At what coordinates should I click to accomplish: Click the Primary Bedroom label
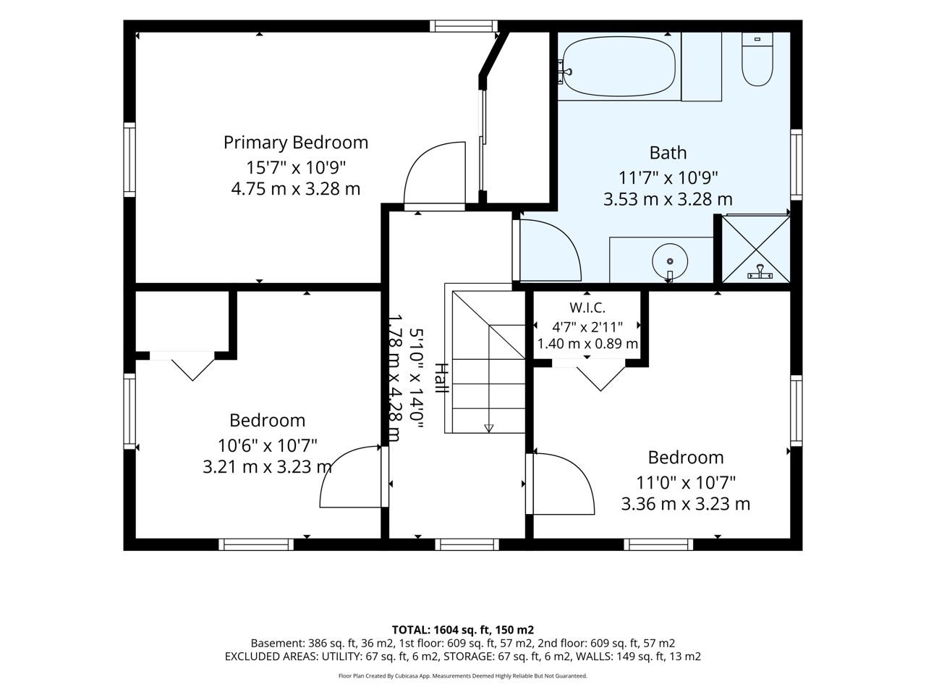tap(296, 143)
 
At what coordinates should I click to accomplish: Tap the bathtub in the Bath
tap(619, 67)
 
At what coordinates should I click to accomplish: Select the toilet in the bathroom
tap(757, 59)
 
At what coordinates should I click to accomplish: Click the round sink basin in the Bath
tap(670, 261)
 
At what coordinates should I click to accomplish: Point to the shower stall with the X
tap(755, 249)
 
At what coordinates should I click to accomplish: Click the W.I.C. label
tap(587, 308)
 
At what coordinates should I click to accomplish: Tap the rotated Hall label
tap(441, 378)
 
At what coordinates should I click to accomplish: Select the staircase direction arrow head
tap(488, 429)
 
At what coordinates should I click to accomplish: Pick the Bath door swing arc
tap(565, 240)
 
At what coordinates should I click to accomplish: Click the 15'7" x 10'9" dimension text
tap(296, 168)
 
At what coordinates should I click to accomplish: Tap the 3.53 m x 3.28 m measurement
tap(668, 199)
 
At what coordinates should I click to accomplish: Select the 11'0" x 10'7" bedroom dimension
tap(686, 482)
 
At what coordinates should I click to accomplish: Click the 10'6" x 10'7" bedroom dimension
tap(268, 445)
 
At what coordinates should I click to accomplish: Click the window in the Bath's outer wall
tap(796, 164)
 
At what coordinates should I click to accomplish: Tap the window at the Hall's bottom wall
tap(467, 544)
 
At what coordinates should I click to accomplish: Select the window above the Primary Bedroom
tap(463, 26)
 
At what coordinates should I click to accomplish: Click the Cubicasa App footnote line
tap(463, 676)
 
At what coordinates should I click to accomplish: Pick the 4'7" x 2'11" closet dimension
tap(587, 327)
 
